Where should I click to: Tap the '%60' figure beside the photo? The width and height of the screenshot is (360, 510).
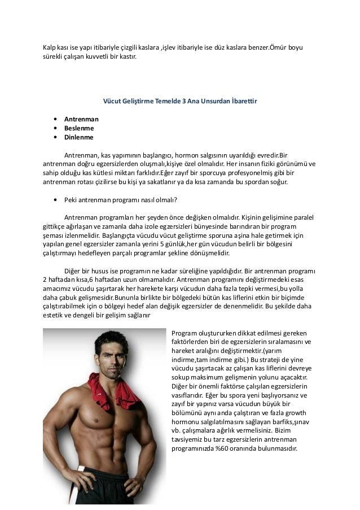226,450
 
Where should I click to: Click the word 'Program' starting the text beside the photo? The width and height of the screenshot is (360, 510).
183,333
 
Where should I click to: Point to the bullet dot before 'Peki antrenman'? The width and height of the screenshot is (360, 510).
55,199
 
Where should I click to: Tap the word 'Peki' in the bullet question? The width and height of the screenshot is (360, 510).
71,199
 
